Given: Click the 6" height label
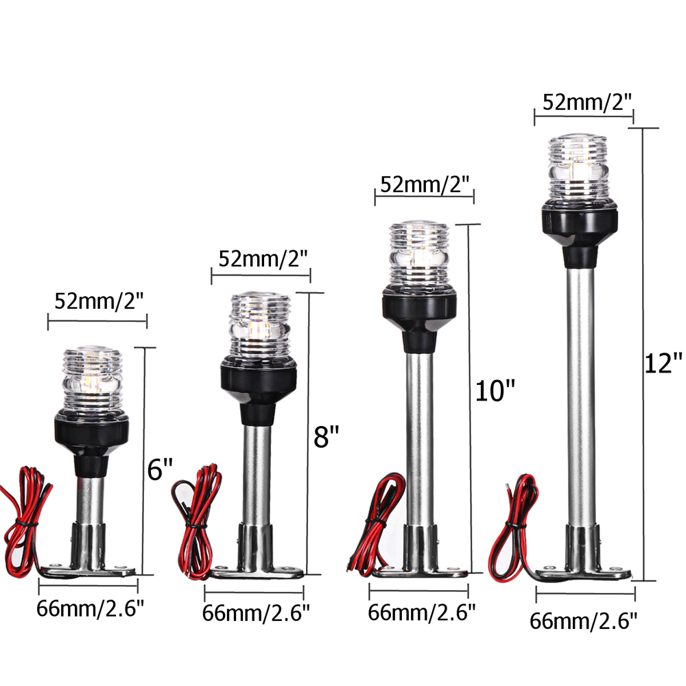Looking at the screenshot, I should [x=160, y=469].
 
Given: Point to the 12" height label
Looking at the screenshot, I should [x=664, y=362].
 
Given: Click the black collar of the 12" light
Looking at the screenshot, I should [x=584, y=230].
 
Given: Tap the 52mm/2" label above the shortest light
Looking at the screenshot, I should [x=97, y=300].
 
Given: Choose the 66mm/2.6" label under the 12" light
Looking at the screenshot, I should [x=584, y=622].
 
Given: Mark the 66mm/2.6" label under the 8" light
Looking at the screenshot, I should [x=256, y=612].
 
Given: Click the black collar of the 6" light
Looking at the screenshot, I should [x=91, y=432].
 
